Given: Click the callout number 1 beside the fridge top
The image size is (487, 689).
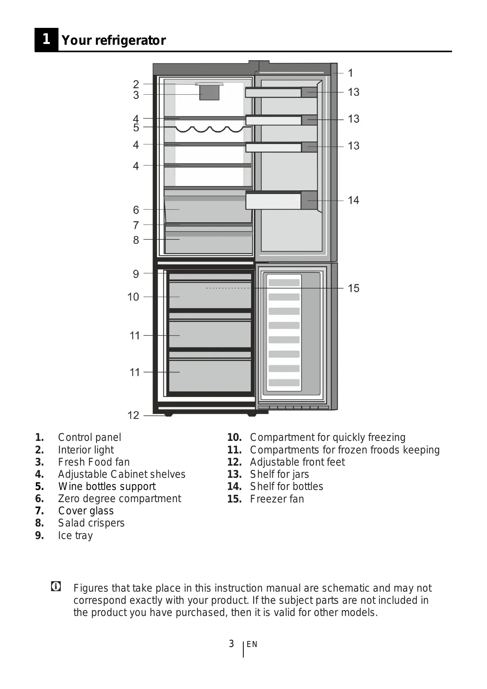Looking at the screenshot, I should click(350, 73).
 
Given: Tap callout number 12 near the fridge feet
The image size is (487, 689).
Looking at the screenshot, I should click(133, 415).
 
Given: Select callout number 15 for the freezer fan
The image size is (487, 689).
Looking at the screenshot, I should click(353, 288).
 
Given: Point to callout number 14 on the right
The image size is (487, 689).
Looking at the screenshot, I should click(353, 200).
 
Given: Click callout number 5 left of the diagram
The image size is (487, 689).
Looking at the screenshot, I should click(136, 128).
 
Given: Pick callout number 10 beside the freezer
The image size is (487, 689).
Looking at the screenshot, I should click(133, 297).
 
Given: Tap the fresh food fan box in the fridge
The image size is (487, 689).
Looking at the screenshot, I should click(209, 93).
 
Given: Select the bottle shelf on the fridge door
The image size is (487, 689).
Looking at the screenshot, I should click(281, 201).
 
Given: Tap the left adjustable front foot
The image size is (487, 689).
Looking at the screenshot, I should click(168, 414).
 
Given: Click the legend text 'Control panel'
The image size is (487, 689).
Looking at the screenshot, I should click(89, 437).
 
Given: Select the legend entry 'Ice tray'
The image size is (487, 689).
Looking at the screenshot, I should click(75, 535).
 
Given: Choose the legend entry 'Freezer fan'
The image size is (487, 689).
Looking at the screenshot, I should click(277, 499).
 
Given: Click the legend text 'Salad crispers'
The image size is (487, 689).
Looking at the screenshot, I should click(91, 523).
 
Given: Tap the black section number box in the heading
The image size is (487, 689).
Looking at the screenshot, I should click(46, 39).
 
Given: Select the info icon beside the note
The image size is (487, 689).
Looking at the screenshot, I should click(56, 587).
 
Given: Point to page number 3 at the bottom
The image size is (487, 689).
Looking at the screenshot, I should click(232, 643).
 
